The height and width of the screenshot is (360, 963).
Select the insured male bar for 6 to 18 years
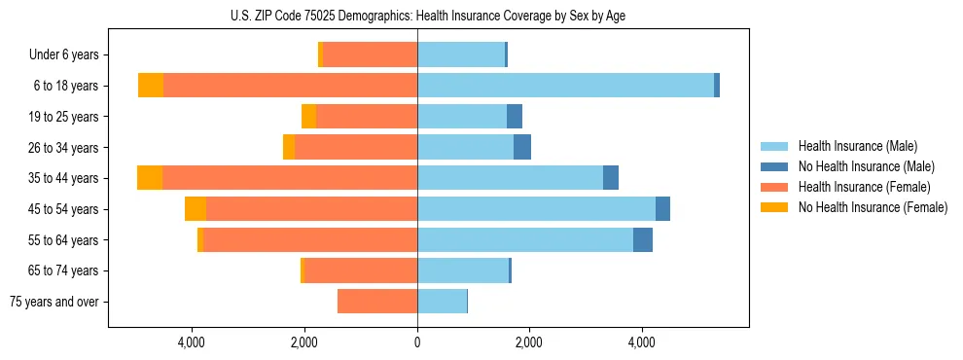[565, 86]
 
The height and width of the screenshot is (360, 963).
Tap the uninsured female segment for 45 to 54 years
[196, 209]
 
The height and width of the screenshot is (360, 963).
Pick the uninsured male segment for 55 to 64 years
[643, 240]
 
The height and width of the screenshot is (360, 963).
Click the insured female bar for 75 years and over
[377, 302]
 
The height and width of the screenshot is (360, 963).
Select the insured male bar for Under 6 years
[461, 54]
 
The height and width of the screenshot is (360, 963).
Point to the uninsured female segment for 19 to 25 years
[308, 117]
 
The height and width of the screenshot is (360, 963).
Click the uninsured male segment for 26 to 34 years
[522, 147]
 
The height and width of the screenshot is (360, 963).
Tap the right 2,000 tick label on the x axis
[529, 342]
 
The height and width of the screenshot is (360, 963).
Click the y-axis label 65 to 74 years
[64, 270]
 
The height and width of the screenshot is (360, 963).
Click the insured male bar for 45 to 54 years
[536, 209]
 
